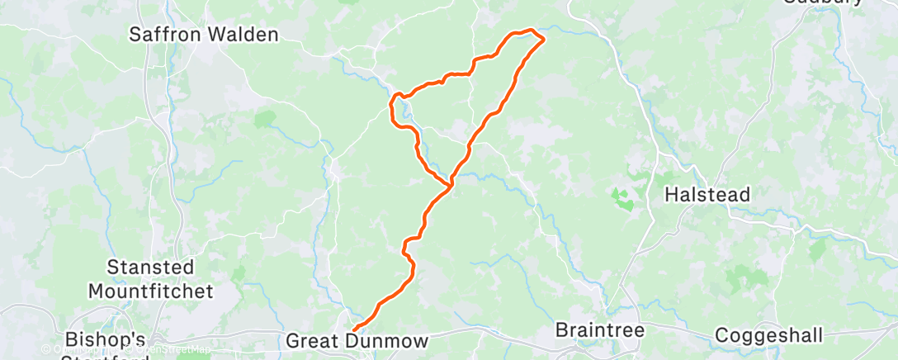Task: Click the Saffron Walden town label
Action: point(204,35)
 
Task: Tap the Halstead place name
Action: point(709,196)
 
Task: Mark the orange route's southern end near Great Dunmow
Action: point(354,329)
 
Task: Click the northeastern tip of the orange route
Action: point(543,38)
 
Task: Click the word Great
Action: point(313,341)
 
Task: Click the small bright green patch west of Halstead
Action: point(620,197)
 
